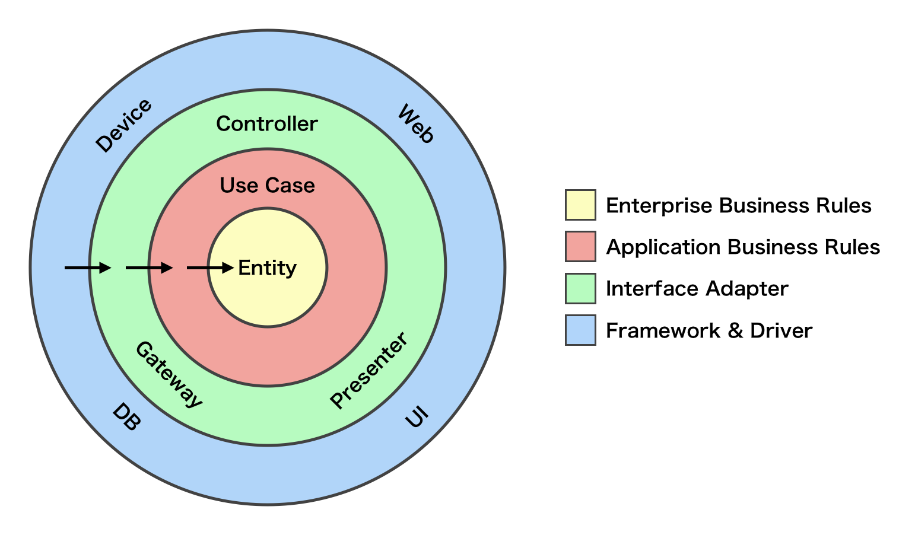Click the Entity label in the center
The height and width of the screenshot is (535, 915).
tap(267, 268)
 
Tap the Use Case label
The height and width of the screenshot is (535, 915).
tap(267, 186)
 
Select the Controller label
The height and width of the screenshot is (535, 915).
tap(267, 124)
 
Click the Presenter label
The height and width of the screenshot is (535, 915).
tap(368, 371)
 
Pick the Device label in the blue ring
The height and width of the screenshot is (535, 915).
tap(124, 126)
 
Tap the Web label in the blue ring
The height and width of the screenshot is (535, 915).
tap(416, 124)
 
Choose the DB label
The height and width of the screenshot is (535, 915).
tap(126, 417)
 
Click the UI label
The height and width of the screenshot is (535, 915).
tap(417, 417)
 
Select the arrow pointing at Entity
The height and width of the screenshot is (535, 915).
tap(210, 268)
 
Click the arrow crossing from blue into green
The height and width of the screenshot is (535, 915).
tap(88, 268)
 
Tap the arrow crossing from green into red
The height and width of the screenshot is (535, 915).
tap(149, 268)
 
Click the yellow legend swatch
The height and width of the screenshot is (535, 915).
tap(580, 205)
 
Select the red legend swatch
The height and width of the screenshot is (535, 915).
tap(580, 247)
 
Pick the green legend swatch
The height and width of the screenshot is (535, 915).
tap(580, 288)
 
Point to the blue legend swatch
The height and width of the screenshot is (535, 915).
tap(580, 330)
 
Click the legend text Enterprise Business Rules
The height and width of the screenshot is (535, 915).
tap(738, 206)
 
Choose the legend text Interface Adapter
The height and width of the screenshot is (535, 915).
tap(697, 289)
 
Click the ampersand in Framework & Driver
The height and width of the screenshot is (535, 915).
tap(735, 330)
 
